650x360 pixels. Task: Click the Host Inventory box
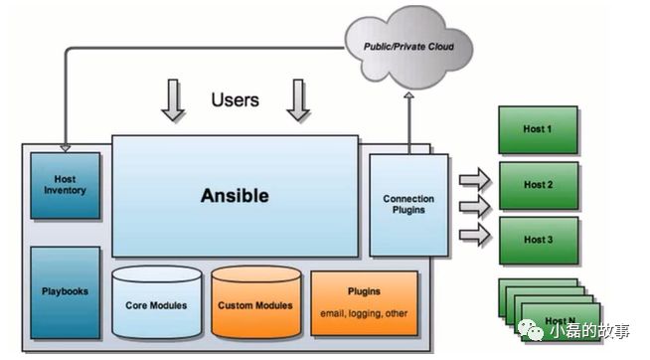[65, 185]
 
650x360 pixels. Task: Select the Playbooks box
[65, 292]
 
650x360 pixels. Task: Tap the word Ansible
[235, 196]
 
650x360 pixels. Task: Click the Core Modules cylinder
[157, 301]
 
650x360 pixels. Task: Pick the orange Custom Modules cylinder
[255, 301]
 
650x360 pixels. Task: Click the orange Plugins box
[364, 303]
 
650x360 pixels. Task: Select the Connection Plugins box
[408, 205]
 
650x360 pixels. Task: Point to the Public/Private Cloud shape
[408, 47]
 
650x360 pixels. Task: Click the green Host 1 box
[538, 129]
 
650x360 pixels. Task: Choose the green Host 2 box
[538, 185]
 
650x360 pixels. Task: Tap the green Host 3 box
[538, 240]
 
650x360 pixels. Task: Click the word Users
[235, 100]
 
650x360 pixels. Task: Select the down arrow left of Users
[173, 100]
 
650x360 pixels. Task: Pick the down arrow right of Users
[297, 100]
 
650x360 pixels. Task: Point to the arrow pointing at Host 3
[475, 235]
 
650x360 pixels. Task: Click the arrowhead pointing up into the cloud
[409, 95]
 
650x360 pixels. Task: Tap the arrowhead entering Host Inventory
[65, 148]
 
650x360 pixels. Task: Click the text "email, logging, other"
[364, 313]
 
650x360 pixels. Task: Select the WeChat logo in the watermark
[531, 330]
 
